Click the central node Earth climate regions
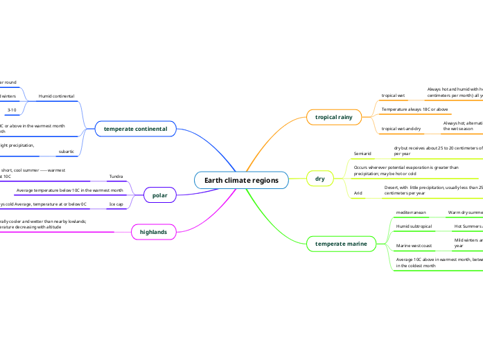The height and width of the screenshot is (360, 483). click(x=241, y=181)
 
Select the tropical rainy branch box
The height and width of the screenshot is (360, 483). click(x=333, y=117)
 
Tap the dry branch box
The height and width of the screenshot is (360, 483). click(x=319, y=179)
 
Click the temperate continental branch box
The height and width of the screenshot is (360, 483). click(x=135, y=129)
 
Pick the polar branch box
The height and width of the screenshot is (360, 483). click(x=159, y=196)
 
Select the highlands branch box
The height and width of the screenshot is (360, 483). click(x=153, y=232)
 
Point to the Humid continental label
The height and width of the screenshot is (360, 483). click(x=56, y=96)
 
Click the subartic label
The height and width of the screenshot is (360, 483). click(x=67, y=150)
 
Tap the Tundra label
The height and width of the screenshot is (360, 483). click(x=116, y=177)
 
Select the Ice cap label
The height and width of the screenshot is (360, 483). click(x=116, y=204)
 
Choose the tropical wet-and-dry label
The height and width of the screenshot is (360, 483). click(x=401, y=129)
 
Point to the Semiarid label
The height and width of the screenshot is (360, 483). click(x=362, y=152)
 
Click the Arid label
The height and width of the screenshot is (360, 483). click(x=358, y=193)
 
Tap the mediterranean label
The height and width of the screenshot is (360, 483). click(x=410, y=232)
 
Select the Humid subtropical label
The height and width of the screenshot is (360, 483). click(x=414, y=246)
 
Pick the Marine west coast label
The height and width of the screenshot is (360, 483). click(x=414, y=265)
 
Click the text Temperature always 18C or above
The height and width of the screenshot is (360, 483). click(x=415, y=109)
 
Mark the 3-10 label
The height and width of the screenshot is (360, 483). click(x=12, y=110)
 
